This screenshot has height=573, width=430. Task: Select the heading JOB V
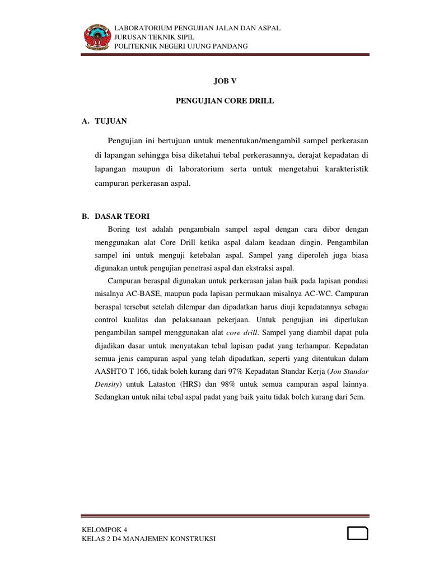226,81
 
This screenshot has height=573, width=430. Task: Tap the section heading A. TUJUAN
104,121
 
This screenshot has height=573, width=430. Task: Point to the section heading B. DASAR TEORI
115,216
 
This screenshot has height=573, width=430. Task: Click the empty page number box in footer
357,533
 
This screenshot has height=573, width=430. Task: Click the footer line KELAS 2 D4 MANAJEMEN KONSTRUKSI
148,538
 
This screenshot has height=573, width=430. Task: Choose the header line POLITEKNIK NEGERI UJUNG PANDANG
180,46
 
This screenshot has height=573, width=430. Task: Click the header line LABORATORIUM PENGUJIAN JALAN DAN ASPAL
197,28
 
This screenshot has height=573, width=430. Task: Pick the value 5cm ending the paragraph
357,397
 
